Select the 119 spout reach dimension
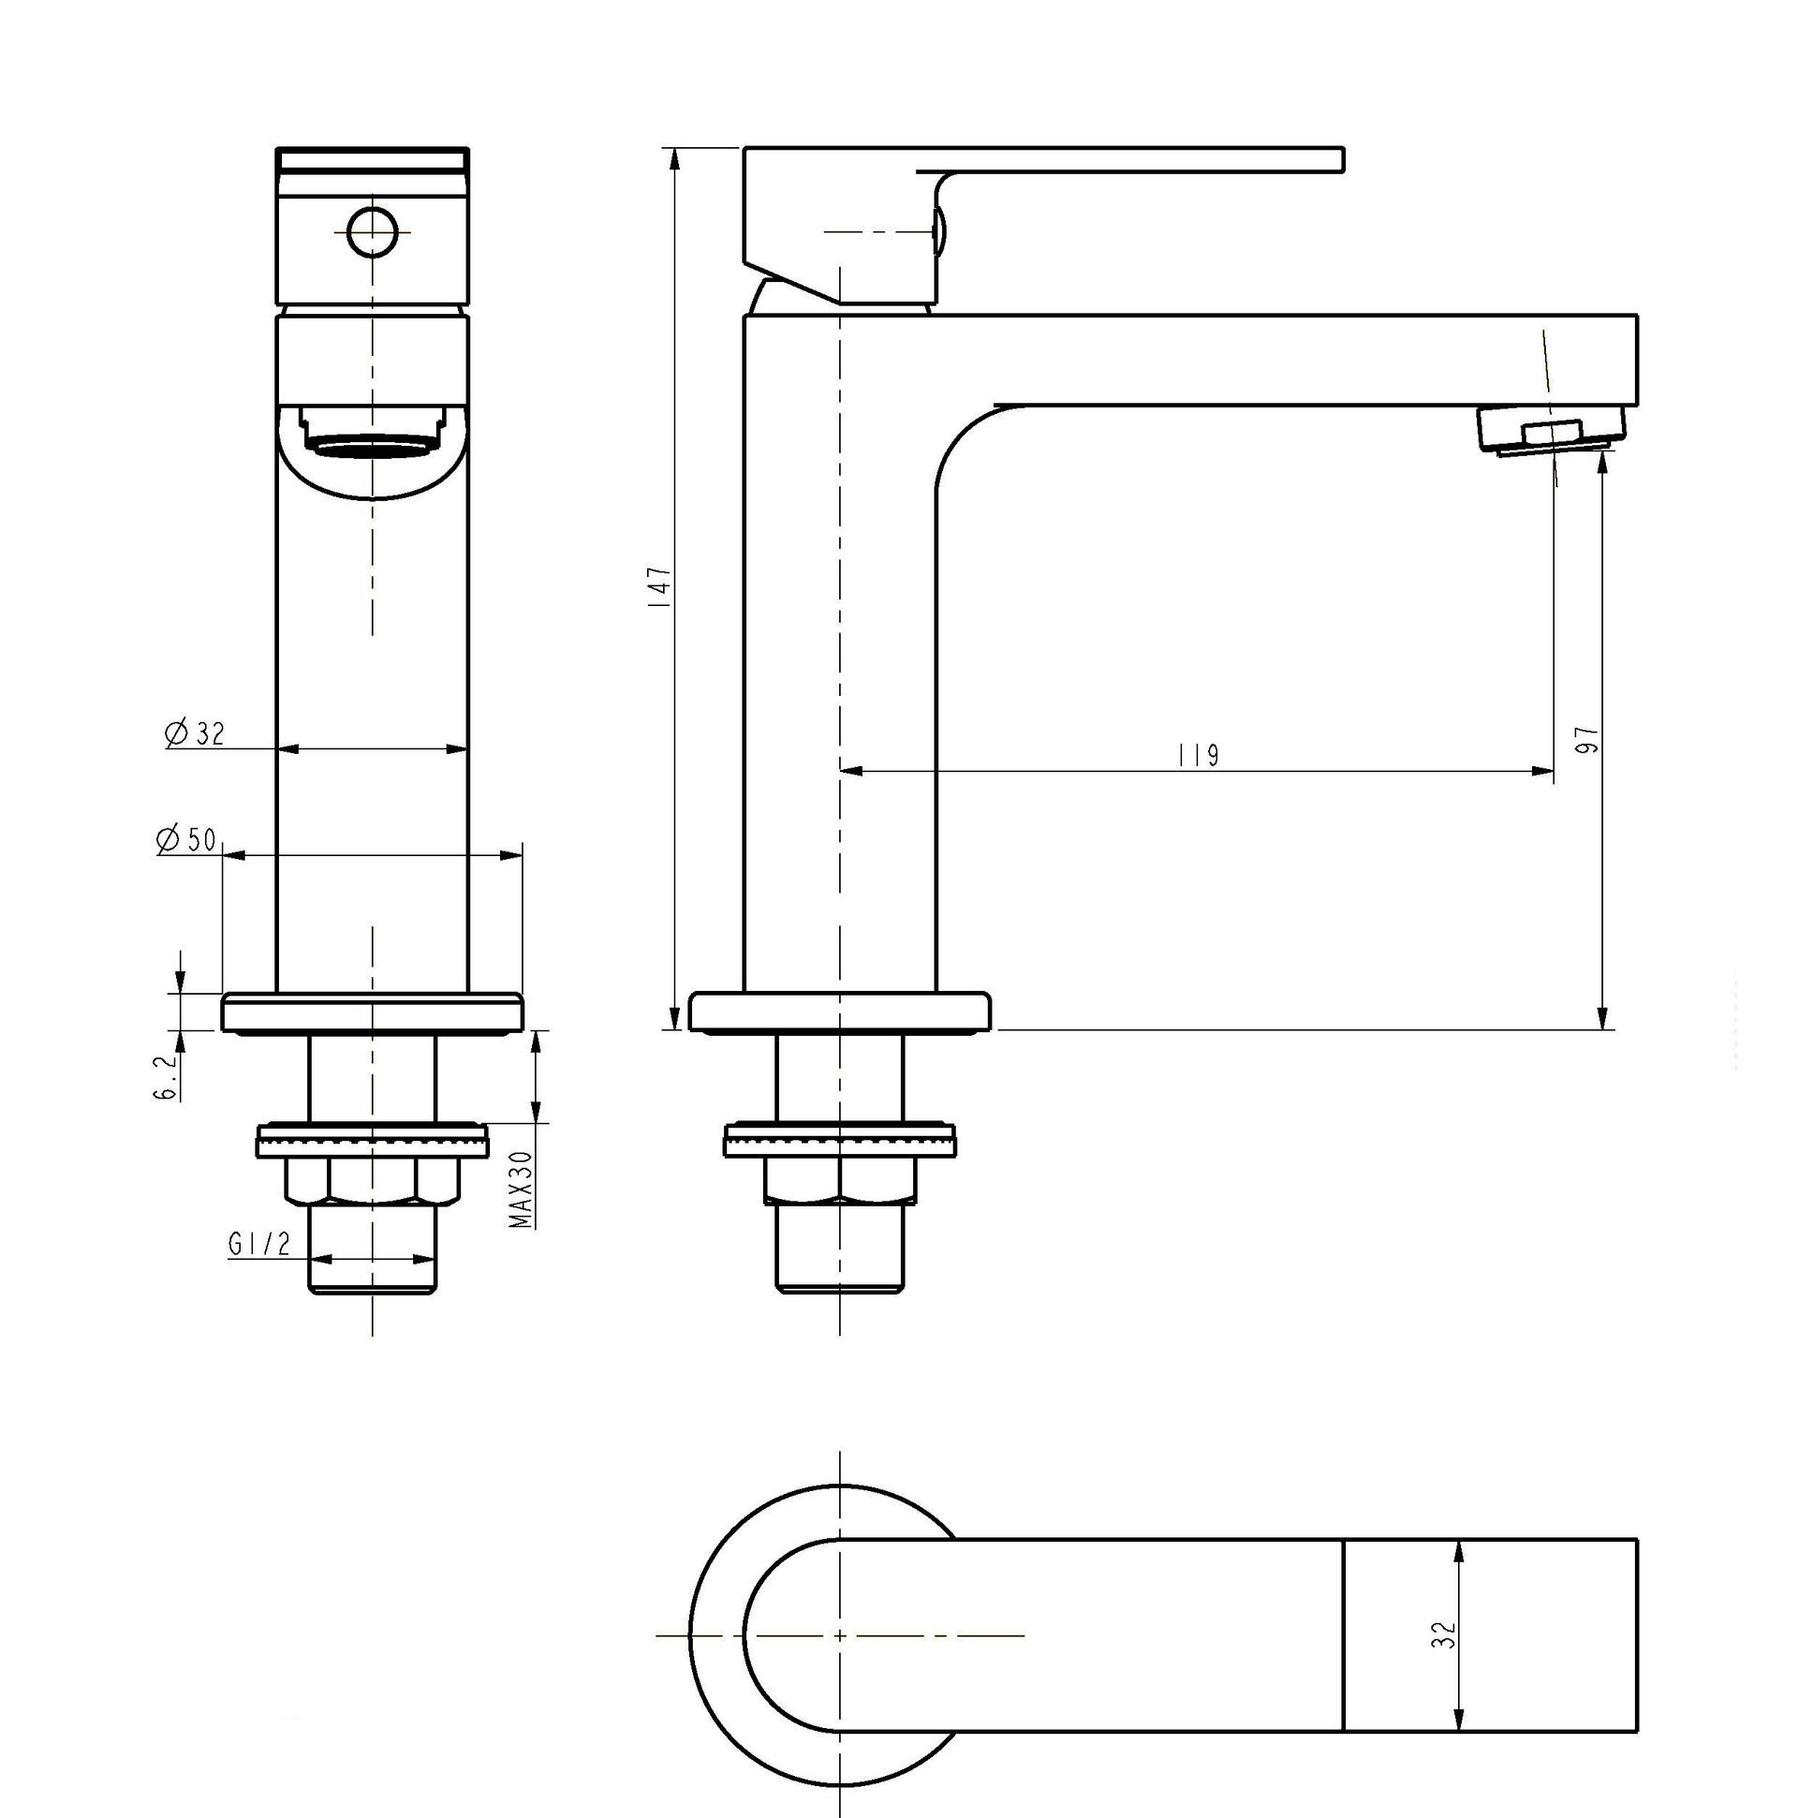[x=1198, y=756]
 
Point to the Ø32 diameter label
[x=197, y=733]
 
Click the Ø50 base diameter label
[x=188, y=839]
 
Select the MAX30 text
[x=523, y=1190]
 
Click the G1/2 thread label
[x=258, y=1244]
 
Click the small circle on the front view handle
[x=373, y=230]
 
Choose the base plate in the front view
[x=373, y=1012]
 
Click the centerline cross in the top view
[x=839, y=1635]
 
